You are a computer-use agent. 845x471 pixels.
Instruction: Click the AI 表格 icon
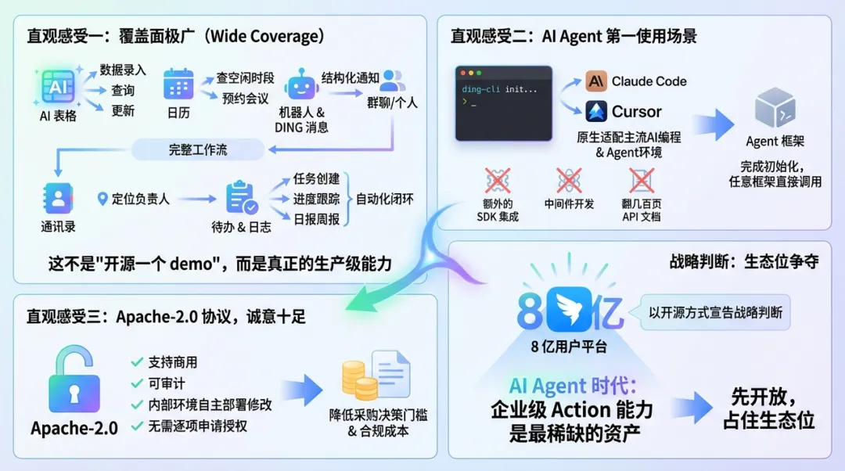point(57,87)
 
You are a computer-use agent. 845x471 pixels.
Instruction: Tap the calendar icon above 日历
point(178,84)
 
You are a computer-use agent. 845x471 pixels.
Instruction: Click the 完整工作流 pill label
point(197,149)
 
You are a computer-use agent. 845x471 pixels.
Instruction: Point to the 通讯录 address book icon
point(58,198)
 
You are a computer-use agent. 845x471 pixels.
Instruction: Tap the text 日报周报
point(317,219)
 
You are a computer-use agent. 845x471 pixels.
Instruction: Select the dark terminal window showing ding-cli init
point(504,103)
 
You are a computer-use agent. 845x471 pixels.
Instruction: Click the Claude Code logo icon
point(596,81)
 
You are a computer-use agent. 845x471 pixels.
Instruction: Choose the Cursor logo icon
point(596,111)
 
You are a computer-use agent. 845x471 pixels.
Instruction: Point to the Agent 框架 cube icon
point(775,108)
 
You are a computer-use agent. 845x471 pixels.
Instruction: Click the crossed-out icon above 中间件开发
point(569,181)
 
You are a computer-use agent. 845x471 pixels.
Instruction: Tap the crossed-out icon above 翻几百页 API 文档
point(641,180)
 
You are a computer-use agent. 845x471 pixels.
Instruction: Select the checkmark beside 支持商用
point(137,362)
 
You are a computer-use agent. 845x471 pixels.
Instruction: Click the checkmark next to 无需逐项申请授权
point(137,426)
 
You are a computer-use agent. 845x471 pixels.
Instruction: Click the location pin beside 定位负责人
point(102,199)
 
